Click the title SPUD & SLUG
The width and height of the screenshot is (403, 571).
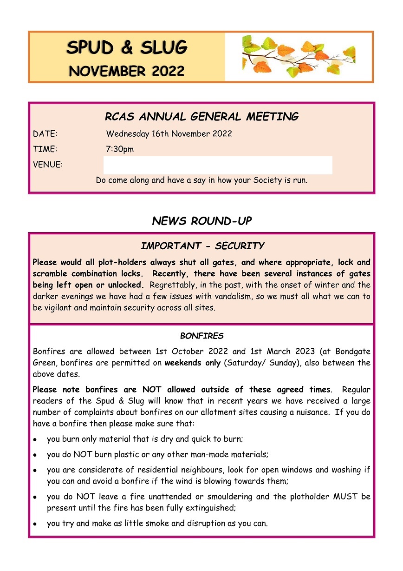pos(127,47)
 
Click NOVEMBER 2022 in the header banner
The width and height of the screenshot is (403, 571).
pos(127,71)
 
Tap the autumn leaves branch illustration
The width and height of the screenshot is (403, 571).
pos(299,57)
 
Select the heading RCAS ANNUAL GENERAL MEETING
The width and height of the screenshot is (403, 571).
pos(201,117)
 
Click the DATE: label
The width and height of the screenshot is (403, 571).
pos(45,134)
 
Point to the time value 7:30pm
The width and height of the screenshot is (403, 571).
pos(120,149)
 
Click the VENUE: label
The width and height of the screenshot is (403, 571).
pos(48,165)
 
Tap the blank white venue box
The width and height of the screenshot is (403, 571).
pos(218,165)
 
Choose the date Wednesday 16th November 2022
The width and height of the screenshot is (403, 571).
pos(169,134)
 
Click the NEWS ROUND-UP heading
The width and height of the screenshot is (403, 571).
pos(201,221)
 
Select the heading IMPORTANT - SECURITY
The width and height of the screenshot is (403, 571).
pos(202,246)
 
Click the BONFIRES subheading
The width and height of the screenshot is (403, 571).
pos(201,336)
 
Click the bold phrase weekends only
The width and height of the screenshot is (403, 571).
pos(192,363)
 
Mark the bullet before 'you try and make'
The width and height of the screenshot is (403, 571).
pos(35,524)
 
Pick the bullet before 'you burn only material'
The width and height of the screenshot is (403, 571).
pos(35,439)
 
